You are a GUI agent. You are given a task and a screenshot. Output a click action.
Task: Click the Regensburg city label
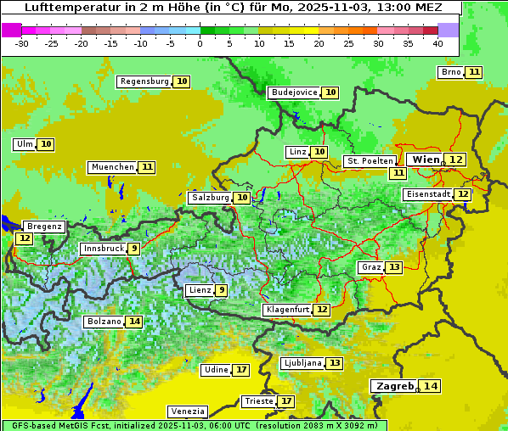click(144, 81)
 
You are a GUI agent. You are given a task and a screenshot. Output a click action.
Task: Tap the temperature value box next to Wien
click(457, 160)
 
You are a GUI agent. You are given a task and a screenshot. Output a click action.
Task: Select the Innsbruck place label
click(102, 249)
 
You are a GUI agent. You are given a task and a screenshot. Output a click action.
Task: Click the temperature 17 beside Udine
click(242, 370)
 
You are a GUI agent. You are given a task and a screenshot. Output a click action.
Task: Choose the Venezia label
click(186, 411)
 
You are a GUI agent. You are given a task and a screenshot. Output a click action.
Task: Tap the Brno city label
click(450, 72)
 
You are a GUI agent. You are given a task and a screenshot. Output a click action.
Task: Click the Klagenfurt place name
click(287, 310)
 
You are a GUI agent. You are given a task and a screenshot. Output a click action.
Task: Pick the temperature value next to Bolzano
click(134, 322)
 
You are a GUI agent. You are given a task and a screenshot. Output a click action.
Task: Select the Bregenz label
click(44, 227)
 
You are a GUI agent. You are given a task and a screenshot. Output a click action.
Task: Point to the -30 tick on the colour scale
click(22, 43)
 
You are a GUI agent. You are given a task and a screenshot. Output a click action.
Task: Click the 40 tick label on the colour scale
click(437, 43)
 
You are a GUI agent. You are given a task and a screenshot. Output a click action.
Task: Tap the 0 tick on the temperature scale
click(200, 43)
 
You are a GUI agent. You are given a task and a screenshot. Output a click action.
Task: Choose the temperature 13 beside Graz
click(394, 267)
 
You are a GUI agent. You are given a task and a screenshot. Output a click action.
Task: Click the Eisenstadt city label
click(427, 194)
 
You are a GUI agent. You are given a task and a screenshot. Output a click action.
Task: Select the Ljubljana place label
click(302, 363)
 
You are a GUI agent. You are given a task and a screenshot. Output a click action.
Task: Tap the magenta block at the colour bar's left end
click(11, 30)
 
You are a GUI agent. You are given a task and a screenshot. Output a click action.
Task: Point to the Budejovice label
click(294, 92)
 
